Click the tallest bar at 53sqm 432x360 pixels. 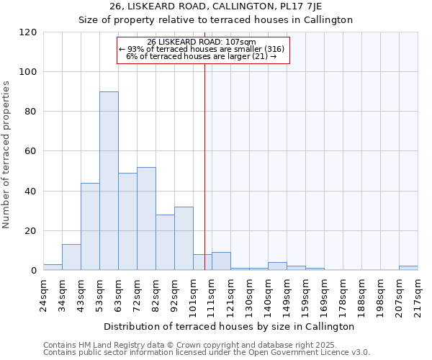click(109, 181)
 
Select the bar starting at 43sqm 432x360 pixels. click(90, 227)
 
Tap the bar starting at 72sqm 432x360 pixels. click(146, 219)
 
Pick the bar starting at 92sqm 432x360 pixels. click(184, 238)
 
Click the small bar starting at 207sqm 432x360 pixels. click(408, 268)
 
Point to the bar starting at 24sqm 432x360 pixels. click(53, 267)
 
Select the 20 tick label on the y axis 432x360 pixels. click(30, 231)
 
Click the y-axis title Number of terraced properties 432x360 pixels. click(6, 155)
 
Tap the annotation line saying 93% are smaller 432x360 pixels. click(202, 49)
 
